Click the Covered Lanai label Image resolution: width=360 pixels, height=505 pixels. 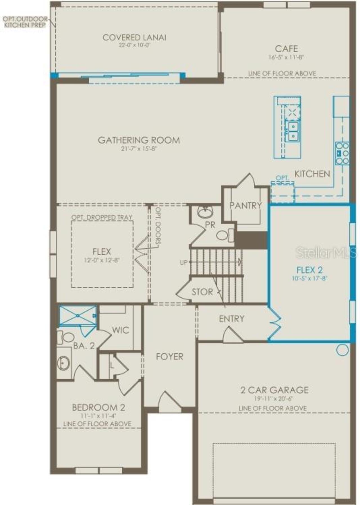coord(134,37)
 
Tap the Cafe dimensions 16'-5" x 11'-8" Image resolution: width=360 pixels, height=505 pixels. coord(286,57)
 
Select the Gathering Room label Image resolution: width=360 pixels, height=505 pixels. coord(139,140)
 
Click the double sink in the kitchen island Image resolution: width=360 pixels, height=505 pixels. coord(292,131)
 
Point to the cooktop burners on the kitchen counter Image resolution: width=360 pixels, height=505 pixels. coord(342,153)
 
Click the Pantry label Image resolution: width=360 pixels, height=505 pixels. coord(245,206)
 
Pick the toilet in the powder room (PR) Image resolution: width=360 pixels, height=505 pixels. coord(224,235)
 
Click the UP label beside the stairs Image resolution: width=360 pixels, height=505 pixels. coord(183,262)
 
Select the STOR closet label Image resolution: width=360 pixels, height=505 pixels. coord(202,292)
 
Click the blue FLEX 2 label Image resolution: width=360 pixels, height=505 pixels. coord(309,270)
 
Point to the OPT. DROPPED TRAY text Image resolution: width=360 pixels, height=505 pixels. coord(102,217)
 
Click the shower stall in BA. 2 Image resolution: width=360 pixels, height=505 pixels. coord(78,316)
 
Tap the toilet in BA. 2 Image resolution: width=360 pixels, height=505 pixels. coord(66,337)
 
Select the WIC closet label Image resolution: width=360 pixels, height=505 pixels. coord(120,330)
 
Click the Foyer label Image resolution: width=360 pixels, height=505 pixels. coord(169,357)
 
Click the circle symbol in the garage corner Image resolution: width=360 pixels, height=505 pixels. coord(342,350)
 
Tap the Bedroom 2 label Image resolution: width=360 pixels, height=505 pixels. coord(98,407)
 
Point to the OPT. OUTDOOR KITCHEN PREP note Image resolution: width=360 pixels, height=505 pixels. coord(25,22)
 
